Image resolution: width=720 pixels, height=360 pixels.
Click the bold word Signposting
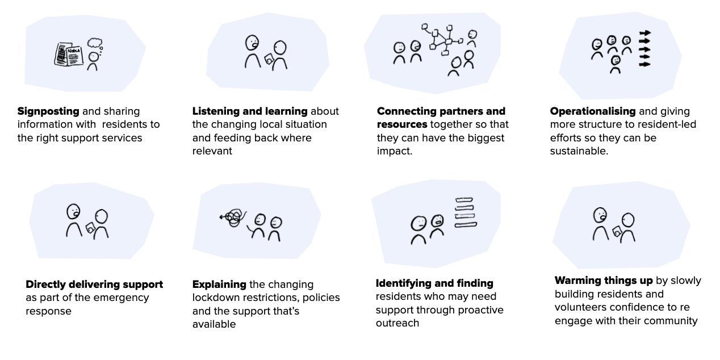coord(49,111)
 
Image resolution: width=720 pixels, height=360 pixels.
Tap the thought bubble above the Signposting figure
coord(94,43)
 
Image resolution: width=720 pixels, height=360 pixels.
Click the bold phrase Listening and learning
coord(250,111)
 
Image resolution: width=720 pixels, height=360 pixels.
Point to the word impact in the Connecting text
coord(394,152)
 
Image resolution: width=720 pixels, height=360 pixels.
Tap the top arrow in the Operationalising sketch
coord(644,34)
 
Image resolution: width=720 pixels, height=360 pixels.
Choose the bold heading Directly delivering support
coord(94,284)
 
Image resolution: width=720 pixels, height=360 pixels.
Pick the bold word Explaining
coord(219,284)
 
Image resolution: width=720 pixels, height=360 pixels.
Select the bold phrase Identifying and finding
coord(434,283)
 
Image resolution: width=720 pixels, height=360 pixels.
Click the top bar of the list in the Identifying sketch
coord(464,200)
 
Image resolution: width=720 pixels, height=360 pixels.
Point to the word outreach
coord(397,323)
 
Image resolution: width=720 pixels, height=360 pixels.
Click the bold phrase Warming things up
coord(604,281)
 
